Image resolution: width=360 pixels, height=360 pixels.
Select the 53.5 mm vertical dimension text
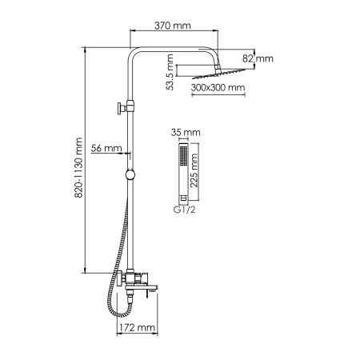click(169, 68)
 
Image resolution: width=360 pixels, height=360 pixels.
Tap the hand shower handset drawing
click(184, 172)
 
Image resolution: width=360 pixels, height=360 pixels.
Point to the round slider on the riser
click(129, 174)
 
